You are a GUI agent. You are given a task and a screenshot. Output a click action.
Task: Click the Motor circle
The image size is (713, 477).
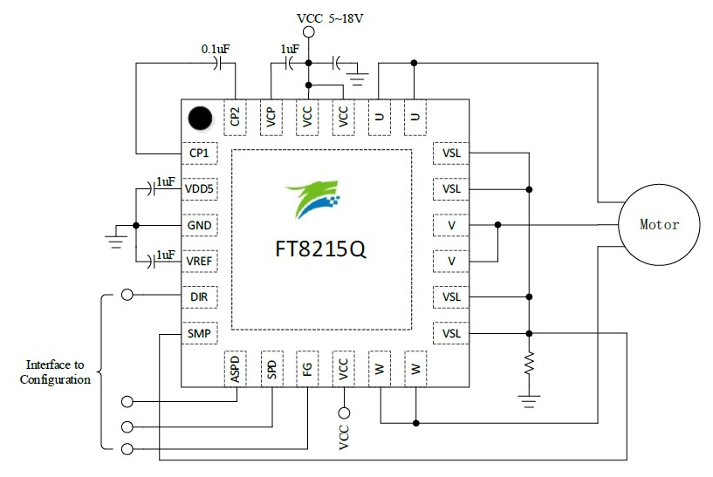pos(659,224)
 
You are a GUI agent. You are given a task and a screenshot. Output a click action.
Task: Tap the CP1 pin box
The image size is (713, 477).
pos(199,153)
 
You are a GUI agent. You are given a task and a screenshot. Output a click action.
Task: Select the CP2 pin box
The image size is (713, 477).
pos(236,116)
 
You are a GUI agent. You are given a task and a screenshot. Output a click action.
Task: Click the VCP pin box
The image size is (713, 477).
pos(271,116)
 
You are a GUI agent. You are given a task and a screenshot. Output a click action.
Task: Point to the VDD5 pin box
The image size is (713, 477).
pos(199,188)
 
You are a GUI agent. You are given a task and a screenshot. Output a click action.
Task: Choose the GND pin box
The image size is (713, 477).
pos(199,225)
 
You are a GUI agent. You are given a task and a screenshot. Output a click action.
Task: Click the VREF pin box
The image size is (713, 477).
pos(199,261)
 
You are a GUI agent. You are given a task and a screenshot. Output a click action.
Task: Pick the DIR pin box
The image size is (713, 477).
pos(199,296)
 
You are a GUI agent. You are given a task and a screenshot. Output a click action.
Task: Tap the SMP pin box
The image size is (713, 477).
pos(199,333)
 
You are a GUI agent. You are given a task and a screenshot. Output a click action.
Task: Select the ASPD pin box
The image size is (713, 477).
pos(236,369)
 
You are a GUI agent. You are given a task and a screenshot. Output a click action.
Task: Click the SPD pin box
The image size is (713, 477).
pos(271,369)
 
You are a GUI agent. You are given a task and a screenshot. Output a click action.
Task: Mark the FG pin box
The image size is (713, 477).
pos(307,369)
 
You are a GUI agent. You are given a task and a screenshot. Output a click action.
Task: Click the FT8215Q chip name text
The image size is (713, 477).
pos(321,249)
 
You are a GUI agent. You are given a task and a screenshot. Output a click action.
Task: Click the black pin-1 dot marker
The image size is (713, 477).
pos(200,117)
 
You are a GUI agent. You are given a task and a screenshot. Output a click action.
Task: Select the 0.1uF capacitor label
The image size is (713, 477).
pos(216,50)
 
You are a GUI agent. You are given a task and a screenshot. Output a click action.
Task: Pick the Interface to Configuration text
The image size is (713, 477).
pos(58,372)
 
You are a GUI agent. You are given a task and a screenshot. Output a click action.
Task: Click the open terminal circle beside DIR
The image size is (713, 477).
pos(128,296)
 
